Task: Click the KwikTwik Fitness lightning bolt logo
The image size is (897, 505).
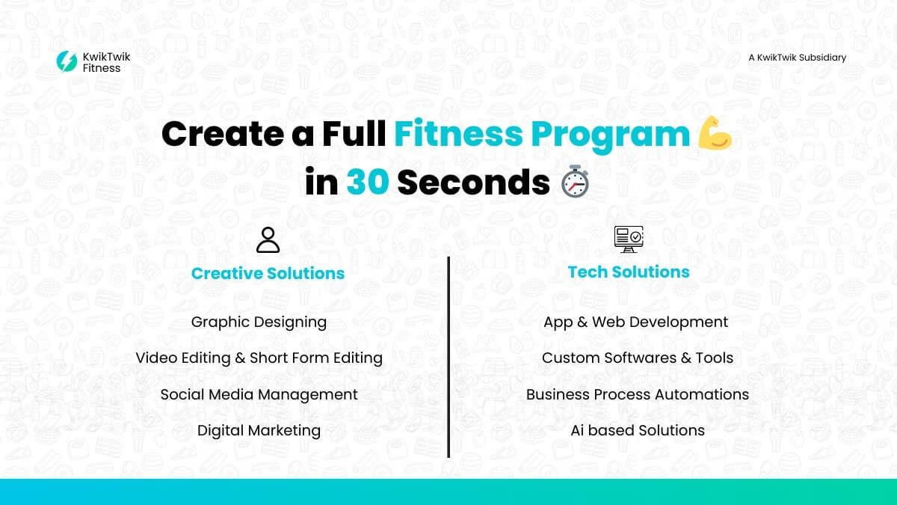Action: pyautogui.click(x=67, y=61)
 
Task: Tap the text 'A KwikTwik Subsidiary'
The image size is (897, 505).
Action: pyautogui.click(x=798, y=58)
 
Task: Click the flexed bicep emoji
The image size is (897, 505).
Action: pyautogui.click(x=715, y=133)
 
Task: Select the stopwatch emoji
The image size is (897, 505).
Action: pyautogui.click(x=575, y=181)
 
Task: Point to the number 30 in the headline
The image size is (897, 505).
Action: pyautogui.click(x=368, y=182)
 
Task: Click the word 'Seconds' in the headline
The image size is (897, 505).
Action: pyautogui.click(x=473, y=182)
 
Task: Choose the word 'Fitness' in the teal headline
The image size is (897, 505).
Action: pyautogui.click(x=458, y=134)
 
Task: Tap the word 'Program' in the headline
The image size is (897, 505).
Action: pyautogui.click(x=611, y=136)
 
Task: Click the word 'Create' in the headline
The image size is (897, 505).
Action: pyautogui.click(x=223, y=134)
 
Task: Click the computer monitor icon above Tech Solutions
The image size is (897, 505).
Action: pyautogui.click(x=629, y=239)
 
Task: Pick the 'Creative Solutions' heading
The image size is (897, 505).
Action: pyautogui.click(x=268, y=273)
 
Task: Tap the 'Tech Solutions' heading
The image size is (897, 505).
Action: pyautogui.click(x=629, y=272)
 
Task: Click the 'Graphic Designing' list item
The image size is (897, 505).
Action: pyautogui.click(x=259, y=322)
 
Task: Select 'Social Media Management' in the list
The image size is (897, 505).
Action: pyautogui.click(x=259, y=394)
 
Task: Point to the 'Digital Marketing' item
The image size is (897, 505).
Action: pyautogui.click(x=259, y=430)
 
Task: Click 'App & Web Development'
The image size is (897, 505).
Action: pyautogui.click(x=636, y=322)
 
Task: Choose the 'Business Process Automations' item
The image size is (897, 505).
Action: pyautogui.click(x=638, y=394)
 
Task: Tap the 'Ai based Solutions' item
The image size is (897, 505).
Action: pyautogui.click(x=638, y=430)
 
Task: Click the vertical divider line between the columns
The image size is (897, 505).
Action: pyautogui.click(x=449, y=357)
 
